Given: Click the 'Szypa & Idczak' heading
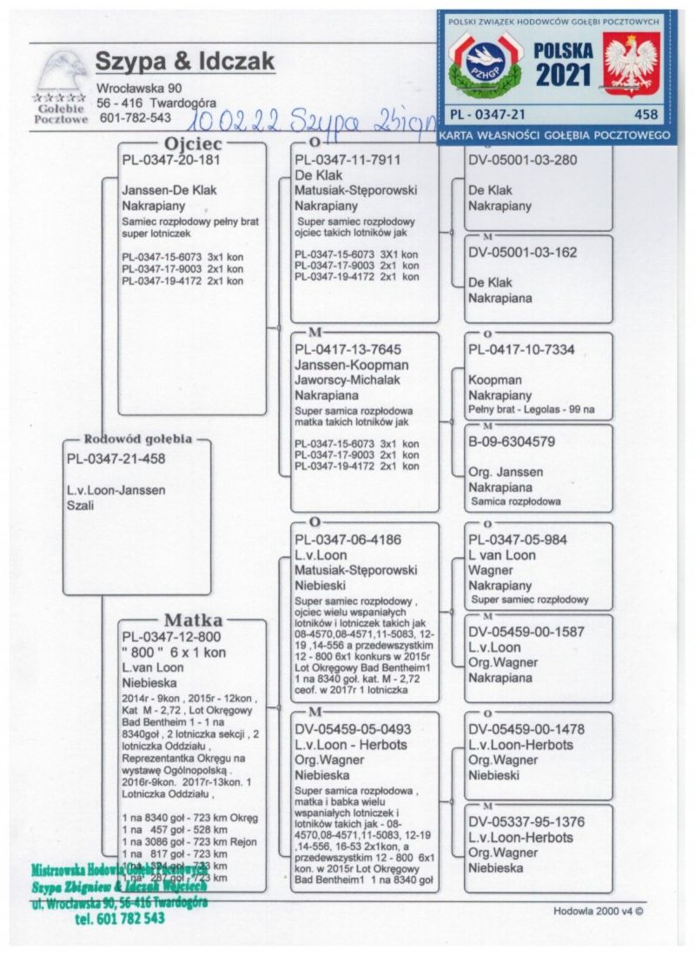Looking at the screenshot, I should tap(185, 61).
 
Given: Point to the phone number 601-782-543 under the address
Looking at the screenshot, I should tap(136, 117).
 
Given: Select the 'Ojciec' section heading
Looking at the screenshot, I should tap(193, 143).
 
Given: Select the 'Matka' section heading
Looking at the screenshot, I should tap(193, 620).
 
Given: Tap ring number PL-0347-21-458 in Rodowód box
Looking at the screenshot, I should tap(116, 458).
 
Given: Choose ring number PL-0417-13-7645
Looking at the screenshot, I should tap(347, 349).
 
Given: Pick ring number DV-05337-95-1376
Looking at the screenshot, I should tap(526, 821).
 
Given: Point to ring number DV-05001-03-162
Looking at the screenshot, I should tap(522, 253).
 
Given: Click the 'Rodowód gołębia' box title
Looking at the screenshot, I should tap(137, 439).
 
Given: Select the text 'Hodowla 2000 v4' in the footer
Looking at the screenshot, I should tap(599, 912).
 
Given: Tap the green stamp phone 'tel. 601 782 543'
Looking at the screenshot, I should tap(120, 918).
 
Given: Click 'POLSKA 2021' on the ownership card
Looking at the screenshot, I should tap(563, 64).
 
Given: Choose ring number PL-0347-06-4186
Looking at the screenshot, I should tap(347, 540).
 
